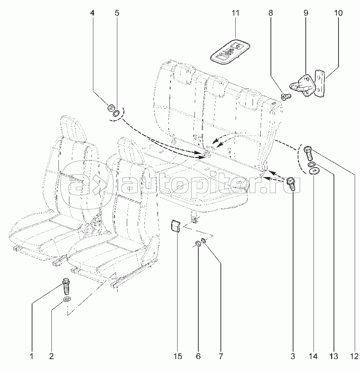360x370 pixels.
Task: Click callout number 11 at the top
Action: (235, 13)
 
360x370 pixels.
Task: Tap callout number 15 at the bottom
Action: (178, 356)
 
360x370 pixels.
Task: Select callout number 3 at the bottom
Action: (293, 356)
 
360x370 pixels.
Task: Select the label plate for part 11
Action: (231, 52)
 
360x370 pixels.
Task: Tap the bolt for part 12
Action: (308, 153)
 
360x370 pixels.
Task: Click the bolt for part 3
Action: (291, 184)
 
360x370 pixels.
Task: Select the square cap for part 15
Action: (176, 225)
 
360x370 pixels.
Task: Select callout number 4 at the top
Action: (92, 13)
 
